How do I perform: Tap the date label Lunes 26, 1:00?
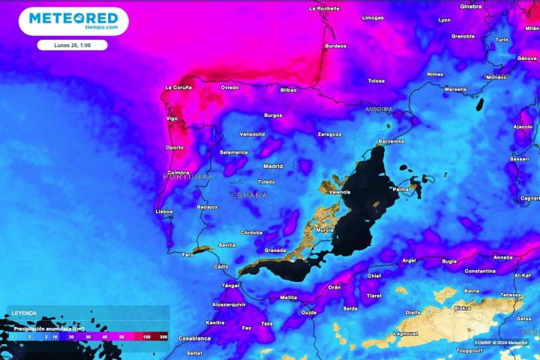click(72, 45)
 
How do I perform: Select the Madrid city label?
click(273, 166)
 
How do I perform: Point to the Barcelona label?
click(391, 141)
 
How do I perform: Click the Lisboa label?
click(163, 211)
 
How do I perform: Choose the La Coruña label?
click(178, 88)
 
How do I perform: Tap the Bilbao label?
click(288, 90)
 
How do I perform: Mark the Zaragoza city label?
click(329, 134)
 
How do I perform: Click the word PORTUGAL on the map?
click(188, 176)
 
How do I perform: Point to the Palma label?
click(401, 189)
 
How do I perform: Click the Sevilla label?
click(227, 245)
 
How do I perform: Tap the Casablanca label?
click(194, 338)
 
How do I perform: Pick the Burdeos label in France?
click(335, 46)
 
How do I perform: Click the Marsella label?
click(455, 88)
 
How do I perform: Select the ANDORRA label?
click(379, 109)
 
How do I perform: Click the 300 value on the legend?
click(163, 338)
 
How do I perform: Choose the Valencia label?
click(340, 192)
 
